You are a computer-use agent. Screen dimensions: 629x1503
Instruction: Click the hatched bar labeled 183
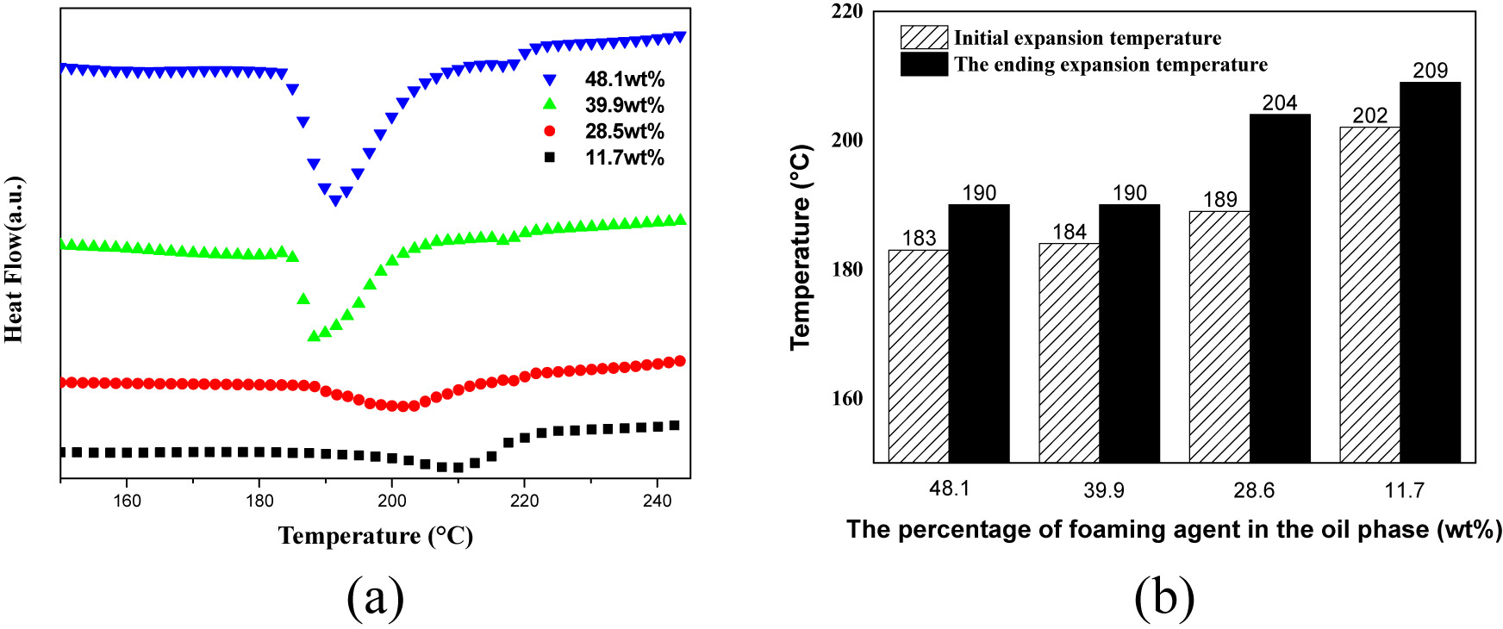(x=919, y=356)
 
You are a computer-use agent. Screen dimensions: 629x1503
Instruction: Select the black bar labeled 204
(x=1280, y=289)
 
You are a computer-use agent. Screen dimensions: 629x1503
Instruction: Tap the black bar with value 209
(x=1430, y=272)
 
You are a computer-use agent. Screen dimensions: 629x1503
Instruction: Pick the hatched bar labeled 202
(x=1369, y=295)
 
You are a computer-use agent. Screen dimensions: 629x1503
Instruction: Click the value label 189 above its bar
(x=1219, y=200)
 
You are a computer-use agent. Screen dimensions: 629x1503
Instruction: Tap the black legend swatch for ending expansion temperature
(x=924, y=65)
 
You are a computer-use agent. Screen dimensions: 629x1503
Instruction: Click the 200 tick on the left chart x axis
(x=392, y=501)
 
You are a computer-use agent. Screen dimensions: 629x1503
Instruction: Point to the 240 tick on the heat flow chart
(x=657, y=501)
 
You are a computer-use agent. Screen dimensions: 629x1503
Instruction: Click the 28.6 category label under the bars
(x=1254, y=490)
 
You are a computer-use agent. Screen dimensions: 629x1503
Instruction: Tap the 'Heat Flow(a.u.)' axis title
(x=14, y=259)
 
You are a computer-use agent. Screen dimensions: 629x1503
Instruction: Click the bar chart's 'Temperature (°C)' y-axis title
(x=801, y=247)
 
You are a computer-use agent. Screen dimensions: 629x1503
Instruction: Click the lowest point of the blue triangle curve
(x=335, y=201)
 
